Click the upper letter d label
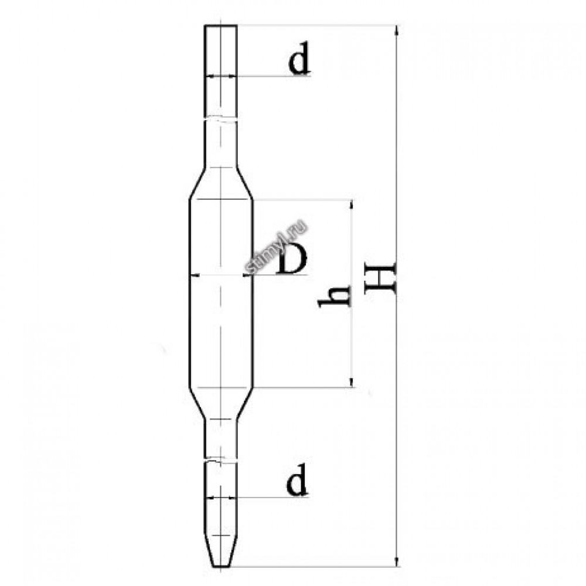click(x=299, y=58)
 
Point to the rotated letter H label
click(x=380, y=278)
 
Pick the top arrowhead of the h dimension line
click(x=351, y=205)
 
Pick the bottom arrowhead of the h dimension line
click(x=351, y=382)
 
